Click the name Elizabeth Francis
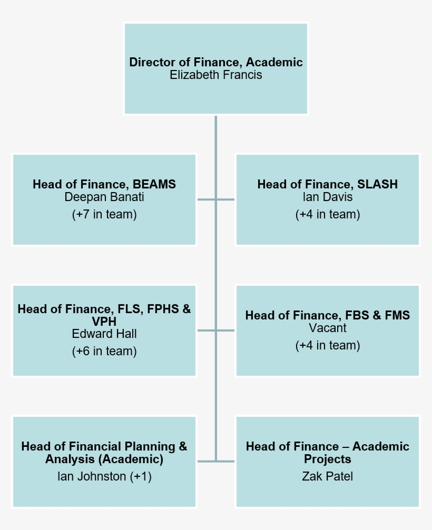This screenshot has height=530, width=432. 216,75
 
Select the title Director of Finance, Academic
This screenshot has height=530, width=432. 216,62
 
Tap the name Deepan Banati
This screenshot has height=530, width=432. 104,197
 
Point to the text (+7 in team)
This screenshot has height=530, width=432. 104,215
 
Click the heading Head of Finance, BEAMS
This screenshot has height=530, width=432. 104,184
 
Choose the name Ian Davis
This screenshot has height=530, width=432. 328,197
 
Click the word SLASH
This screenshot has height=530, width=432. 377,184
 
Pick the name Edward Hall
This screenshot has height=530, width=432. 104,334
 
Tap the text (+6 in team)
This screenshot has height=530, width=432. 104,351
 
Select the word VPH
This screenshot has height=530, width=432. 104,321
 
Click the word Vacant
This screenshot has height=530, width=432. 328,328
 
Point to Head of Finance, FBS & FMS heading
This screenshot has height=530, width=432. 328,315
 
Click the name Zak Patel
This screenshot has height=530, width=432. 328,476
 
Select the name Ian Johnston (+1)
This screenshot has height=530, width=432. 104,476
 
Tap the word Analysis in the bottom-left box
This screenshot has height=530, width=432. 66,459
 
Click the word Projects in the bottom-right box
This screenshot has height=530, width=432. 328,459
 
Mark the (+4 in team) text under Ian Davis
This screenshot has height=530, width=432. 328,215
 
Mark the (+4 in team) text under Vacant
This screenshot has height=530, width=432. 328,345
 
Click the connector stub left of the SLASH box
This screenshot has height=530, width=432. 226,199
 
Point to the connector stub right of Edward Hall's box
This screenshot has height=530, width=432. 206,331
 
